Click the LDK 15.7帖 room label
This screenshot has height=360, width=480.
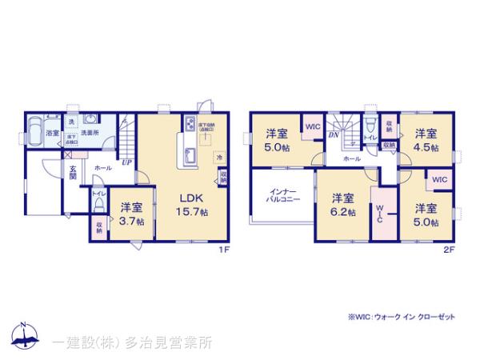point(193,204)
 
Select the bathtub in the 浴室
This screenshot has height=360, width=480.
point(36,129)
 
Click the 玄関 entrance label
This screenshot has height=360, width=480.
point(72,173)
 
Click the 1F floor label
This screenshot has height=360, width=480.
point(226,249)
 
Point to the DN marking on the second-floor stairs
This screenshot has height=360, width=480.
point(334,136)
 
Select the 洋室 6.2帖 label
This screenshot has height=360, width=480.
point(342,204)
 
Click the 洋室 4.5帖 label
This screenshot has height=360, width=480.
point(425,139)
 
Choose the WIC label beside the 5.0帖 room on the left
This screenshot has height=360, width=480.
point(312,126)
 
